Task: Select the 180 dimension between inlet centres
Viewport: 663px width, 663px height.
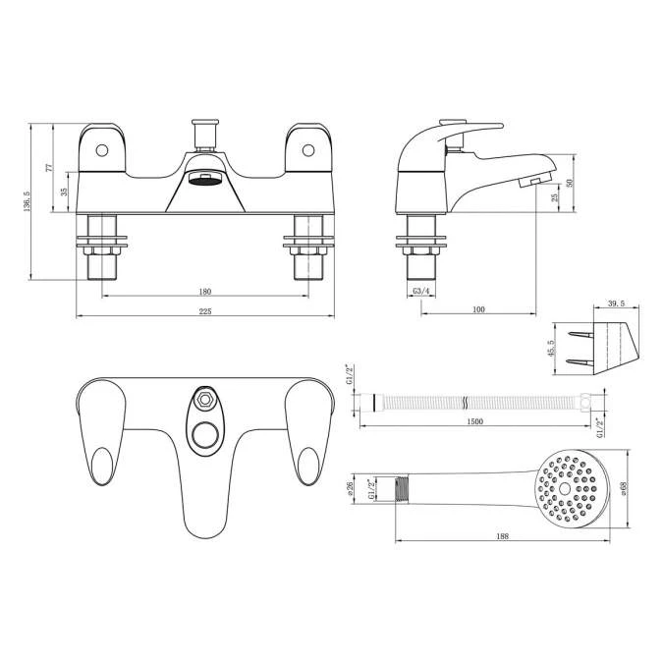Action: (x=204, y=292)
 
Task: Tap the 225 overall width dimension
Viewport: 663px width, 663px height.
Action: (x=204, y=311)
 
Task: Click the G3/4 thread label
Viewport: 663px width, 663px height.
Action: (x=420, y=292)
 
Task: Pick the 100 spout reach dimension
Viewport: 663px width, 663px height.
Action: (x=478, y=310)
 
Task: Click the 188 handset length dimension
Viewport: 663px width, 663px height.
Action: (x=503, y=537)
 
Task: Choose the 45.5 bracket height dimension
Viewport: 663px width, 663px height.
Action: (x=552, y=349)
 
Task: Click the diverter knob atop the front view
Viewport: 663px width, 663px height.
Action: (x=205, y=130)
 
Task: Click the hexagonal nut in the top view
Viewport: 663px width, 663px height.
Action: (x=205, y=399)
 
